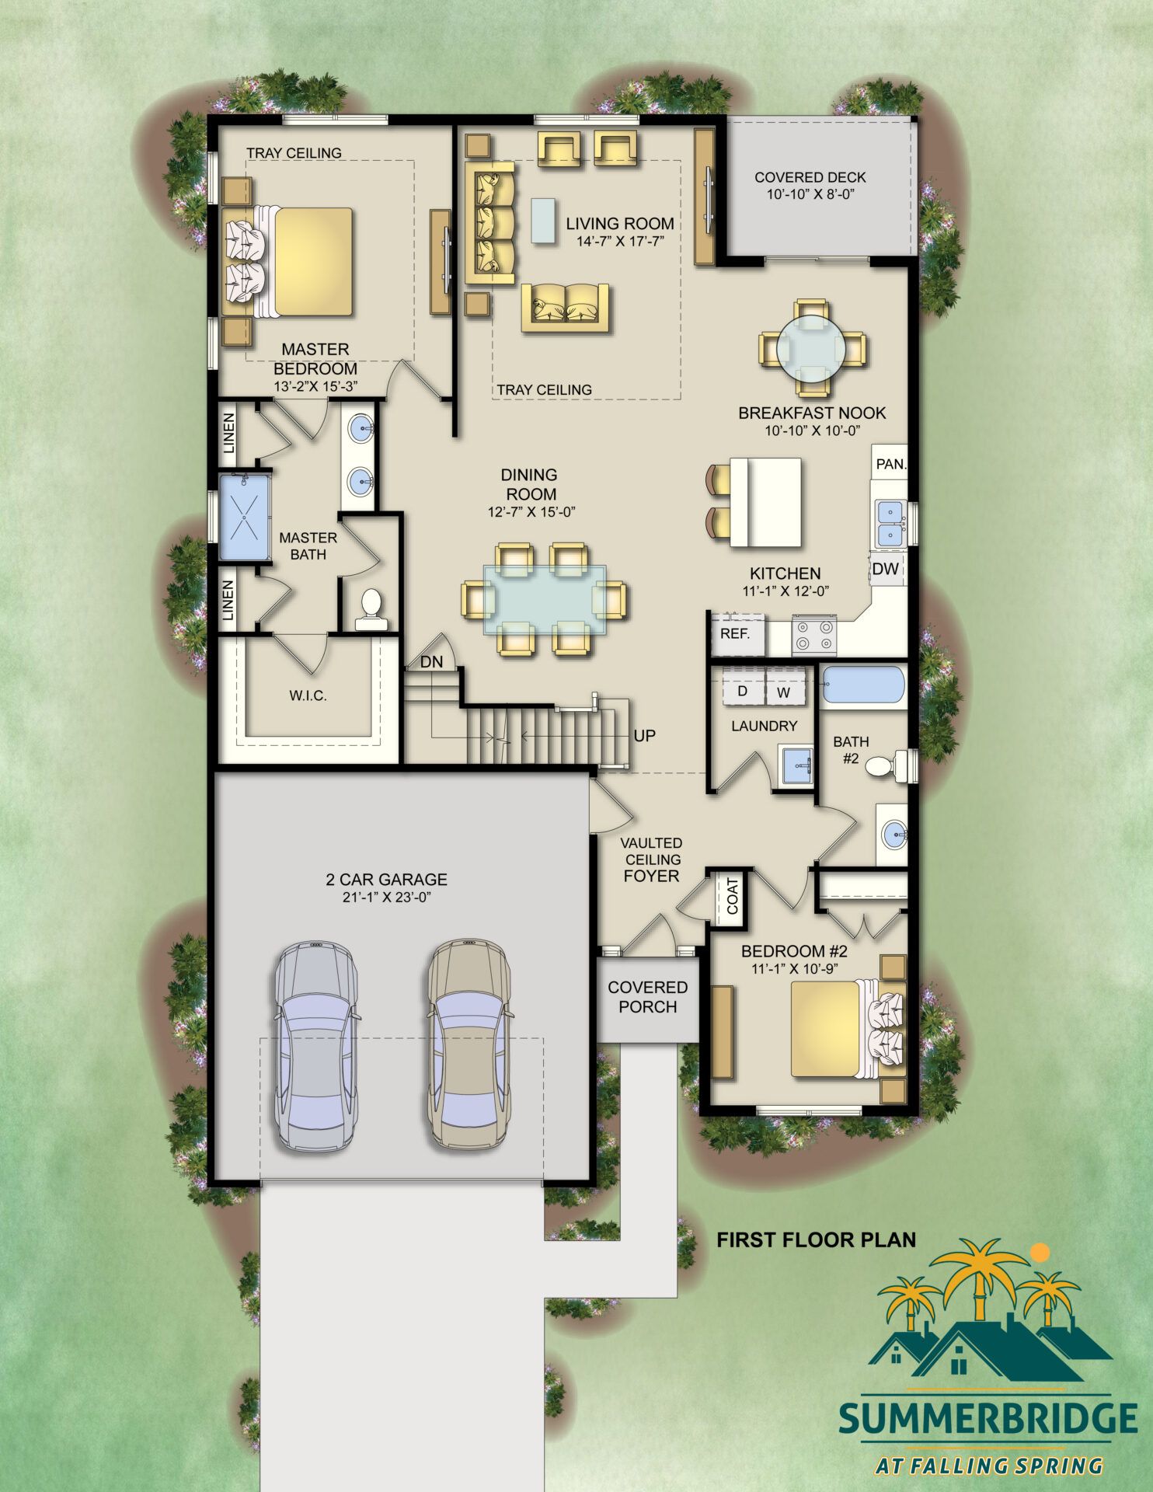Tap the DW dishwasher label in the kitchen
coord(885,569)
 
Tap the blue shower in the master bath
coord(244,517)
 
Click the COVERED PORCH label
coord(647,997)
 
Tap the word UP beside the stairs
coord(644,735)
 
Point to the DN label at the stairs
coord(431,662)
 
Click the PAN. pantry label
coord(890,464)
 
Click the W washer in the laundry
coord(784,692)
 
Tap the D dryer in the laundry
coord(743,691)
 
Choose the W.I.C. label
coord(308,695)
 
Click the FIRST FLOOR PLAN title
coord(816,1239)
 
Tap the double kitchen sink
coord(889,524)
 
